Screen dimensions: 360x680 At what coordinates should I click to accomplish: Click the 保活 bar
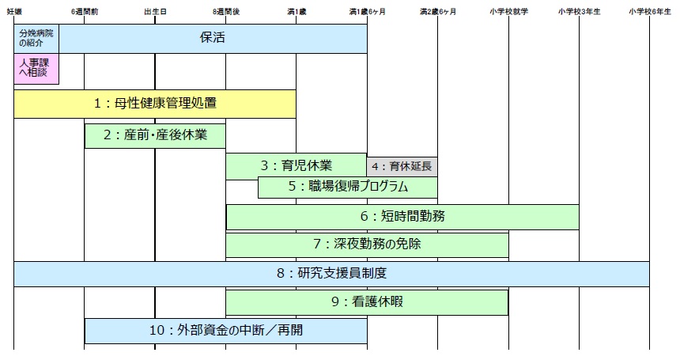click(x=213, y=38)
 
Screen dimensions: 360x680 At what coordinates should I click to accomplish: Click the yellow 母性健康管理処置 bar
click(x=155, y=103)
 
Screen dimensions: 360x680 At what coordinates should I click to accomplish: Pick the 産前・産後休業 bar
click(x=155, y=135)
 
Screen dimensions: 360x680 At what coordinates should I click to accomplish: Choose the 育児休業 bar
click(x=297, y=166)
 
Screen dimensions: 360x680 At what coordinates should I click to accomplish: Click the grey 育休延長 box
click(x=402, y=166)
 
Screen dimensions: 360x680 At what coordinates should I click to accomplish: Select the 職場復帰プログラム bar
click(x=348, y=188)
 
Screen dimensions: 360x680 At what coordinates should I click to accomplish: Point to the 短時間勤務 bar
click(x=402, y=216)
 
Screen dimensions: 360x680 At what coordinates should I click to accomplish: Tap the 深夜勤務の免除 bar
click(x=367, y=244)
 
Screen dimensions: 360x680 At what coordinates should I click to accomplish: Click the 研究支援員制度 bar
click(x=331, y=274)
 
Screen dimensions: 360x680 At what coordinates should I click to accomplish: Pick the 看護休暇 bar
click(x=367, y=302)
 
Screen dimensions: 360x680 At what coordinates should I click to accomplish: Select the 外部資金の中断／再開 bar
click(x=226, y=331)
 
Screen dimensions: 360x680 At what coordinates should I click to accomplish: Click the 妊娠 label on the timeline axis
click(x=13, y=12)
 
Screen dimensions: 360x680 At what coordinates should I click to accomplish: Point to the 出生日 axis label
click(x=155, y=12)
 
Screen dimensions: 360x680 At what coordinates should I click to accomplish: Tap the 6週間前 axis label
click(x=84, y=12)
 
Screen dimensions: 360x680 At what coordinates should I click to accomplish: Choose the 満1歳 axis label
click(x=297, y=12)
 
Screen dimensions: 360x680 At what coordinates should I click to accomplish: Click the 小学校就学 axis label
click(x=508, y=12)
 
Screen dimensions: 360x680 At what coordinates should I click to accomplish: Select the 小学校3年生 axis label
click(x=579, y=12)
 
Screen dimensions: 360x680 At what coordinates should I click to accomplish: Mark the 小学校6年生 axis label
click(x=650, y=12)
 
